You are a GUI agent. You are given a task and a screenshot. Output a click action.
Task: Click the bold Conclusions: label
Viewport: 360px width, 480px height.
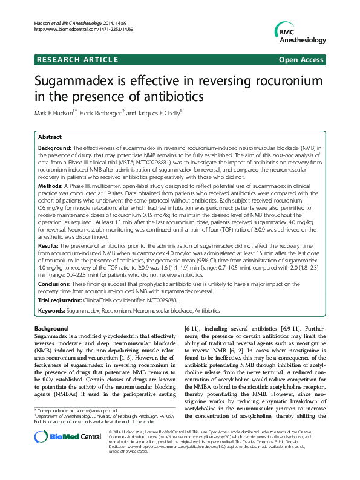pos(56,283)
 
